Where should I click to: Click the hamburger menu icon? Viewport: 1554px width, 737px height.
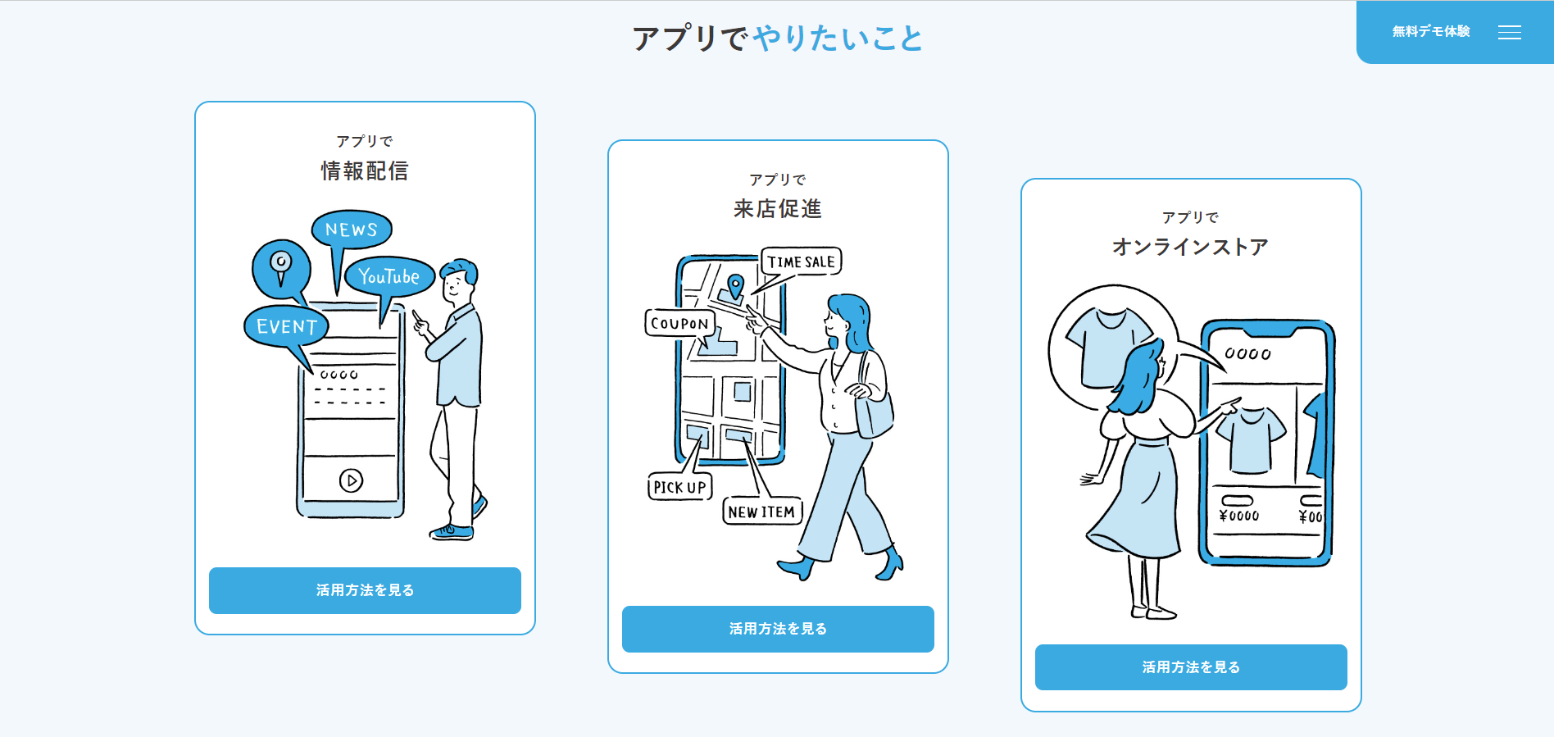[1509, 32]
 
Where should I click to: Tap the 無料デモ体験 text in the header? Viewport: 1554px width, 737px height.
[1430, 32]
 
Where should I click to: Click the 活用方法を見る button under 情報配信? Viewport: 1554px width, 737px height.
[365, 590]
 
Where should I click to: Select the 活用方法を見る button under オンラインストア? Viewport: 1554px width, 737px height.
[1190, 667]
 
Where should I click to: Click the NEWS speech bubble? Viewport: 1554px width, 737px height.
[352, 230]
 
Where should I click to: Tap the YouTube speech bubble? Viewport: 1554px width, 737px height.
[388, 277]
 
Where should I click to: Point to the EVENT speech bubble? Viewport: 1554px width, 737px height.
[286, 326]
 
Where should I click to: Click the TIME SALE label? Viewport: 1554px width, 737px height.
[801, 262]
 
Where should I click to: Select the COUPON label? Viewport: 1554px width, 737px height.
[679, 323]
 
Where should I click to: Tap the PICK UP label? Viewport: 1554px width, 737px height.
[679, 487]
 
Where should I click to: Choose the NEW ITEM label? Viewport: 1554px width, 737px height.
[761, 512]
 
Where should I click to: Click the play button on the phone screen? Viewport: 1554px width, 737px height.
[351, 480]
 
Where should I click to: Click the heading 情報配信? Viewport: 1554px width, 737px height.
[365, 171]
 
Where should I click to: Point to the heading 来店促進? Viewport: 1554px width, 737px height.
[778, 209]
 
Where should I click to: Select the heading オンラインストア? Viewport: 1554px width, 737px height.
[1190, 247]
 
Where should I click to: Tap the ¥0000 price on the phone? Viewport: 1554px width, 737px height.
[1238, 516]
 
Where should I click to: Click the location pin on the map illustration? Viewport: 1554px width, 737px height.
[736, 285]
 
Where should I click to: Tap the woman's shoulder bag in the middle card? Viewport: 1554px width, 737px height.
[874, 410]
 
